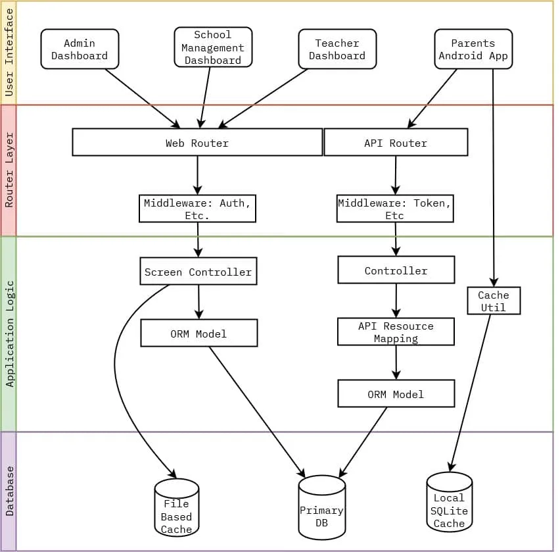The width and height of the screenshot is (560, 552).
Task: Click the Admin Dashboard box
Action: tap(80, 49)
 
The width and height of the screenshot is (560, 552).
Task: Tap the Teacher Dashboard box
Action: tap(337, 49)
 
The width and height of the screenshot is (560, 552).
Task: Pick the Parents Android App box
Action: tap(473, 49)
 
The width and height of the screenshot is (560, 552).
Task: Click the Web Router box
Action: tap(197, 143)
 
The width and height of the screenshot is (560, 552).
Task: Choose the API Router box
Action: tap(396, 143)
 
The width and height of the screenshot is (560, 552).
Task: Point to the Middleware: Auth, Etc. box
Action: tap(197, 209)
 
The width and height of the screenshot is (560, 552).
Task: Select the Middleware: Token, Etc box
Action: tap(395, 209)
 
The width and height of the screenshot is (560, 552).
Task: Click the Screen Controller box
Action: tap(198, 272)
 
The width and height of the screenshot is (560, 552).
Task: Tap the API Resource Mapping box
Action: tap(396, 332)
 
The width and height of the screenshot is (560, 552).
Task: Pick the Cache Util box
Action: tap(494, 301)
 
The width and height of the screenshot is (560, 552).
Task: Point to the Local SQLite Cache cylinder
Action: tap(449, 505)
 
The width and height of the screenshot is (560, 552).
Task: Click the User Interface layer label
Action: tap(9, 53)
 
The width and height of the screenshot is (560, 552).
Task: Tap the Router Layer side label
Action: tap(9, 170)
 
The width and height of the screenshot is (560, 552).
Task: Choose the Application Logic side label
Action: tap(9, 334)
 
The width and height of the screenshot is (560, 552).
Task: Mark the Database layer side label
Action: tap(9, 491)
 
